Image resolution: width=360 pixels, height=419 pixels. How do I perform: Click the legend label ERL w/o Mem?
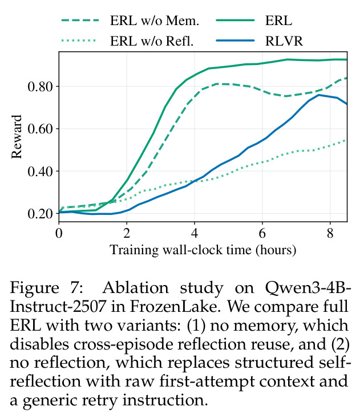click(155, 21)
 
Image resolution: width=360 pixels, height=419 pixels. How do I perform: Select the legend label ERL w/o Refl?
click(152, 41)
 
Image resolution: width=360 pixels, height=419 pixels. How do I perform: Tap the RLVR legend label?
click(284, 41)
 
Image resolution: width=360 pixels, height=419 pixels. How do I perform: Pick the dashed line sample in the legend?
click(80, 21)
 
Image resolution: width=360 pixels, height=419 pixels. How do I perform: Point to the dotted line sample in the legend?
click(78, 40)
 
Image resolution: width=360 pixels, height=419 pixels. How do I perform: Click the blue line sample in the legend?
click(235, 40)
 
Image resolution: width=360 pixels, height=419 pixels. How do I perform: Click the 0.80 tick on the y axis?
click(40, 86)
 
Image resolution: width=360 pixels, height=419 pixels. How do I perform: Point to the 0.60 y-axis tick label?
click(40, 128)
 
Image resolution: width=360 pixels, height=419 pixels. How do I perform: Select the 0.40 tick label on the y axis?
click(40, 171)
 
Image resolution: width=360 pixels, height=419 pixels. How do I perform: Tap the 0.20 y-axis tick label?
click(40, 213)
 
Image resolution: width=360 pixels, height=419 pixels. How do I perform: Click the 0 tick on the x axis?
click(59, 233)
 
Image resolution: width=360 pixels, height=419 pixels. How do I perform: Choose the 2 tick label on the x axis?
click(127, 233)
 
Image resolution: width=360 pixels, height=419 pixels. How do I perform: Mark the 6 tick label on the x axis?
click(262, 233)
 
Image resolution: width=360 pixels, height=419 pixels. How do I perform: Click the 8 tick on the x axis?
click(330, 233)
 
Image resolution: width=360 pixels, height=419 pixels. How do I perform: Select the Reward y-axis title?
click(17, 137)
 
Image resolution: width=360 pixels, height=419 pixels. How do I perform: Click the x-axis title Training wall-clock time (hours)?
click(203, 250)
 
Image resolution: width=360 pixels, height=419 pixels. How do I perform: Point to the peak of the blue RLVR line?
click(318, 95)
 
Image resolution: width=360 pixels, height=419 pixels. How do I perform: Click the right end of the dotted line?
click(347, 140)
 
